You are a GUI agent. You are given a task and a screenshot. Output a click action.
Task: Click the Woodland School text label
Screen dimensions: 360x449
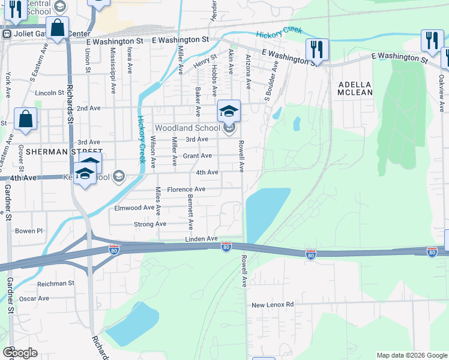tap(187, 128)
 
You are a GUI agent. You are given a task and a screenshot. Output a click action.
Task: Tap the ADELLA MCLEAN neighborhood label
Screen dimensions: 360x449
tap(355, 88)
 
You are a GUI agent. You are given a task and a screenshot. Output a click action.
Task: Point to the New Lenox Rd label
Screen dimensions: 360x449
tap(273, 305)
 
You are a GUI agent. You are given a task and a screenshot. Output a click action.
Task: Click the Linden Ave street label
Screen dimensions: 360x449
tap(202, 239)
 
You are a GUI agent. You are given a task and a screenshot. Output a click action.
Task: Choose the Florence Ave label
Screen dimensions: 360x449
tap(186, 189)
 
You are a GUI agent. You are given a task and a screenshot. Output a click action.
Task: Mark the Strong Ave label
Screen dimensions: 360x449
tap(150, 224)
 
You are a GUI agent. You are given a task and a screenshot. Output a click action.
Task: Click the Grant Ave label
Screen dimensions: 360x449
tap(197, 156)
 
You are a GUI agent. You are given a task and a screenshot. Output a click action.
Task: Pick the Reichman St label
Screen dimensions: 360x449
tap(55, 283)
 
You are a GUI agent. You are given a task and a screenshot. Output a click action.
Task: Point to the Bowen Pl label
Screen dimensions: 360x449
tap(29, 230)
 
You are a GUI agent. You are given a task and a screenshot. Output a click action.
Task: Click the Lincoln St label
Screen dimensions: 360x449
tap(49, 93)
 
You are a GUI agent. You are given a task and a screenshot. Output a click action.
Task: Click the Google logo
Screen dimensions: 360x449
tap(20, 353)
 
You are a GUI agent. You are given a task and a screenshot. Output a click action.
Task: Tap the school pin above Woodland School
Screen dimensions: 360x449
tap(229, 110)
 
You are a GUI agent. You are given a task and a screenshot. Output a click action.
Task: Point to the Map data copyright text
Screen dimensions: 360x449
tap(412, 355)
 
